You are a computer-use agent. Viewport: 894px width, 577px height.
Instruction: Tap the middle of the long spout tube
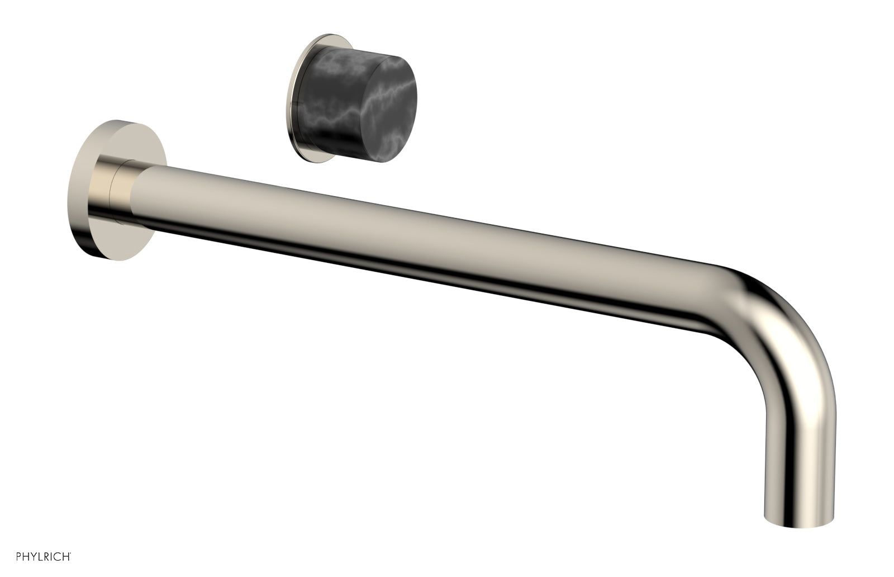point(419,240)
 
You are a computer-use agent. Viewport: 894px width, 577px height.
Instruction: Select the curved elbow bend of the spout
point(782,319)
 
